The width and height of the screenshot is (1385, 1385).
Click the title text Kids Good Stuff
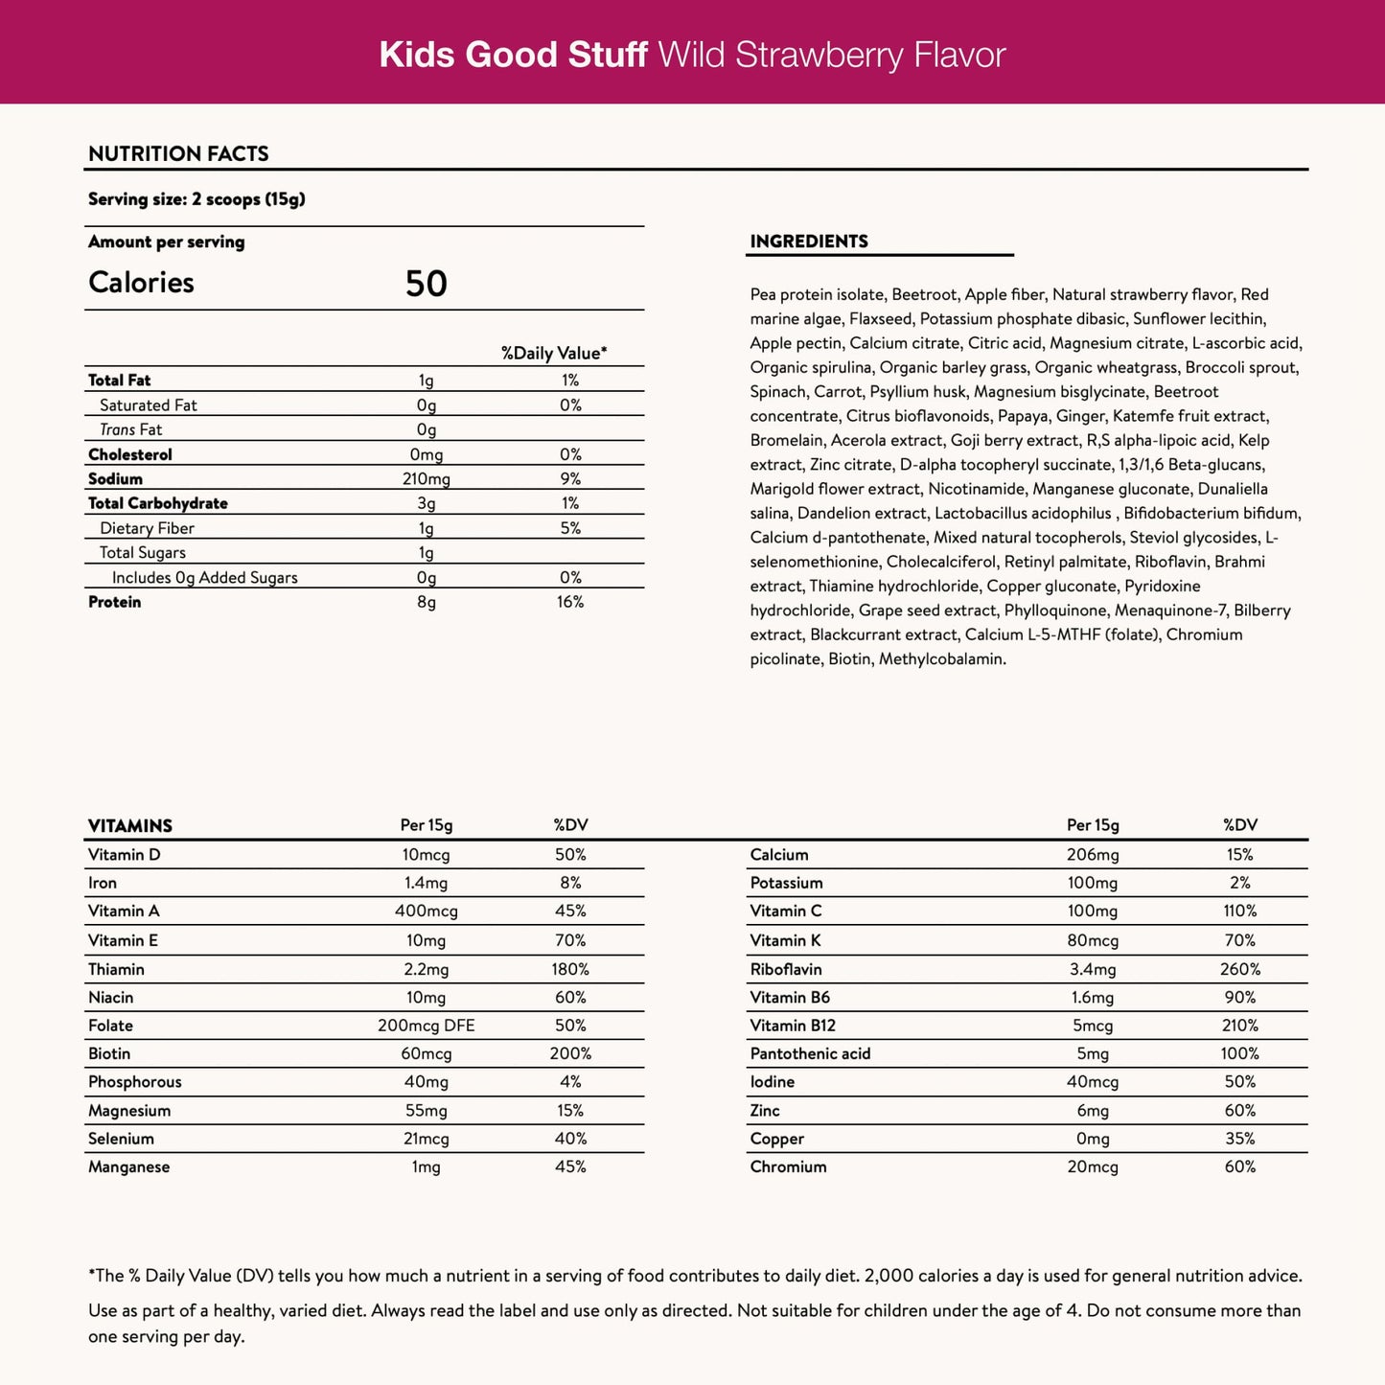click(x=513, y=55)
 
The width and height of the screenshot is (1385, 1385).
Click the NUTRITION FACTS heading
click(x=178, y=153)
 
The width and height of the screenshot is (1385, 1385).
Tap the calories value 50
click(x=427, y=284)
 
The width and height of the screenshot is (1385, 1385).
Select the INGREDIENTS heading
click(x=809, y=242)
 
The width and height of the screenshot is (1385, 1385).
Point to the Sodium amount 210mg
click(x=427, y=479)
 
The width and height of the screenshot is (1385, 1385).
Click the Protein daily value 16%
click(x=570, y=602)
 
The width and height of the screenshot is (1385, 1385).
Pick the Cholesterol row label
click(x=130, y=454)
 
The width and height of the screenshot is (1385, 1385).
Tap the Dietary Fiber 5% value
click(x=570, y=528)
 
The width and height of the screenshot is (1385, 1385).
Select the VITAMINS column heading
click(x=130, y=826)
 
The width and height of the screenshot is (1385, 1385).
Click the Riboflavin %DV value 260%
click(x=1240, y=969)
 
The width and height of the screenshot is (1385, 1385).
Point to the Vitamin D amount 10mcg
click(x=426, y=855)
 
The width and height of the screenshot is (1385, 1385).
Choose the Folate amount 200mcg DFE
click(x=427, y=1026)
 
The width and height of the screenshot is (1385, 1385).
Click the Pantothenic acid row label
click(x=811, y=1053)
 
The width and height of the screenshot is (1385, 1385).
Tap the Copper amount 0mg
click(x=1093, y=1139)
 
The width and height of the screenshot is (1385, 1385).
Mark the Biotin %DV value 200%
click(x=570, y=1053)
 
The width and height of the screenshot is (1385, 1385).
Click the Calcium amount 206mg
click(x=1093, y=855)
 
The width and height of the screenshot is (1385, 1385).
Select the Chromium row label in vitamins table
click(x=789, y=1166)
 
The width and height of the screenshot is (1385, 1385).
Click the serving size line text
click(x=196, y=199)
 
